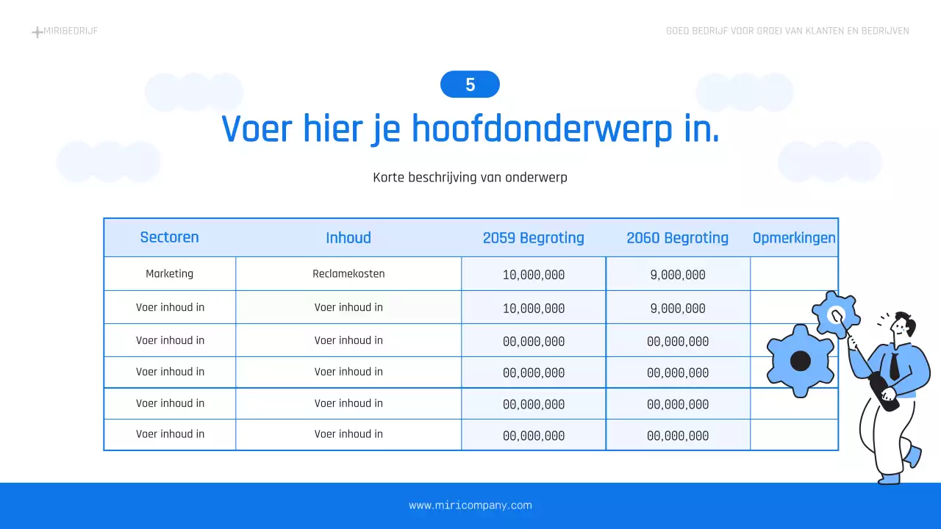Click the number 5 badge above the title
coord(470,84)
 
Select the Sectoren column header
coord(169,237)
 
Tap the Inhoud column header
coord(348,238)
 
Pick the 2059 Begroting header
coord(533,238)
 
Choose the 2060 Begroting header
coord(677,238)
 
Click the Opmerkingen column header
coord(794,238)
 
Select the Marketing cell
coord(169,274)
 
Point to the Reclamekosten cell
coord(348,274)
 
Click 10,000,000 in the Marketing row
coord(534,276)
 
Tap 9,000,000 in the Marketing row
coord(677,276)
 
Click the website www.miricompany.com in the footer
coord(470,505)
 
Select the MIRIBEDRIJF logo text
coord(71,31)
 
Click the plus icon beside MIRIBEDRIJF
coord(37,32)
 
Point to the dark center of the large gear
coord(800,361)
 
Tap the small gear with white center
coord(837,314)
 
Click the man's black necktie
coord(894,366)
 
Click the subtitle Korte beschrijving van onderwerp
coord(470,177)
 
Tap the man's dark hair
coord(909,323)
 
